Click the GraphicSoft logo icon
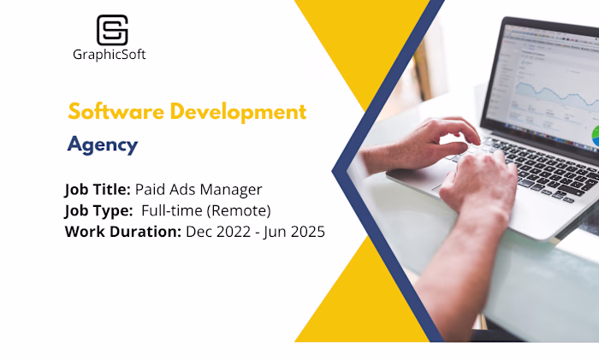(112, 30)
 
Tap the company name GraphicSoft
(110, 55)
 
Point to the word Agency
(103, 145)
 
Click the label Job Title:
(98, 189)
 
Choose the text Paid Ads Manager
(199, 189)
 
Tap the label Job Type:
(97, 210)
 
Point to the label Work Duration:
(122, 232)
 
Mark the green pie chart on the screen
(595, 134)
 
